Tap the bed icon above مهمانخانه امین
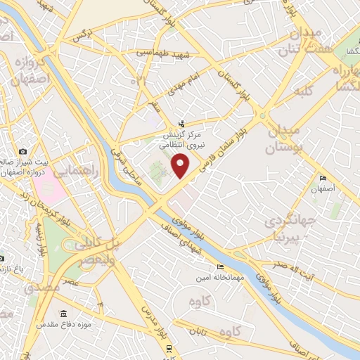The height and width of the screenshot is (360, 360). (221, 267)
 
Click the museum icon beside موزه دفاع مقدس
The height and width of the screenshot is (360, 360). (64, 314)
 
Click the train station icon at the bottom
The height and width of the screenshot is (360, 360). (169, 347)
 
